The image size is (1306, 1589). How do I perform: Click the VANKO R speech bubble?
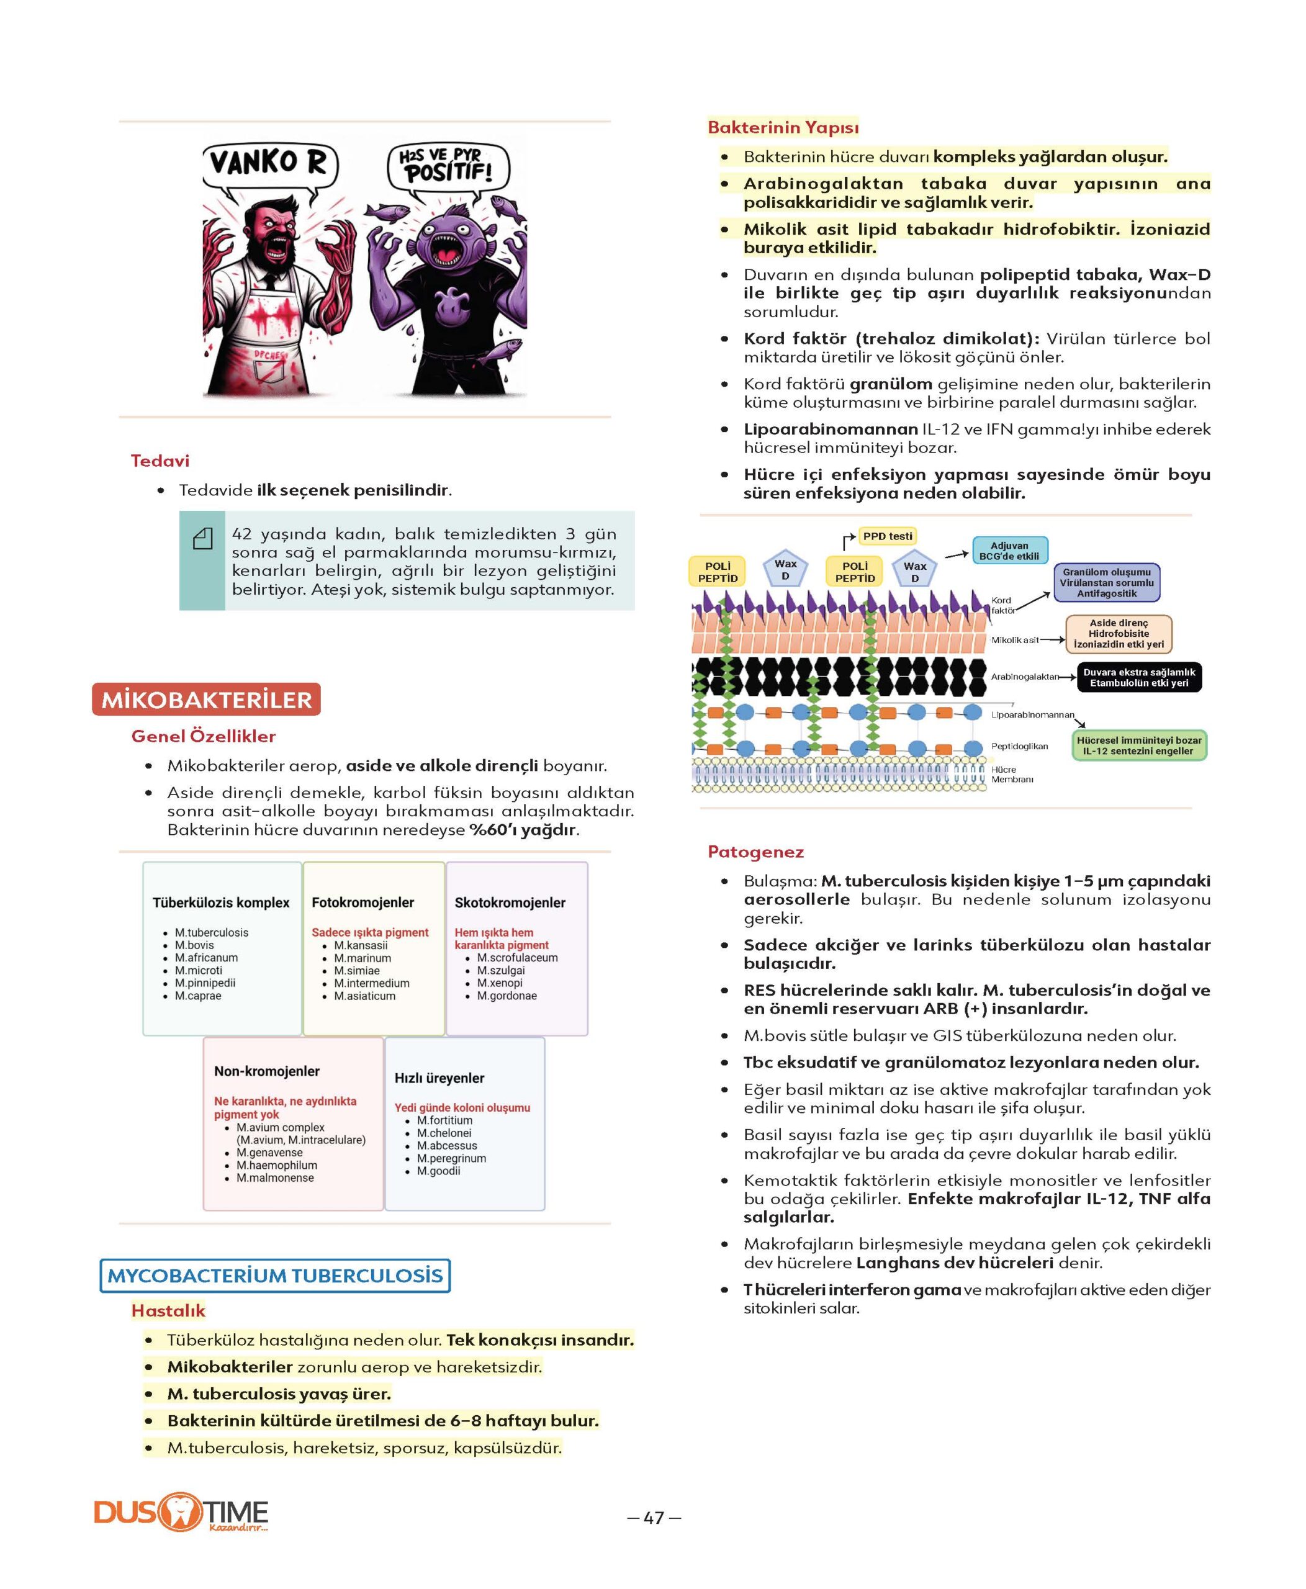(269, 163)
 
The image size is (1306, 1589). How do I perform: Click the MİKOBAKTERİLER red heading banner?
(206, 700)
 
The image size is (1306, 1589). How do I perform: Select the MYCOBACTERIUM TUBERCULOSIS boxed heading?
(276, 1276)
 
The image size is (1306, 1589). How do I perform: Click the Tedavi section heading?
(160, 461)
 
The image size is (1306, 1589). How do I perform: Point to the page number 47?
(654, 1518)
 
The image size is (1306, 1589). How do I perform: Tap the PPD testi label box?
(888, 536)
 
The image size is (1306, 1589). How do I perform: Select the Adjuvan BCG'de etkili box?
(1009, 551)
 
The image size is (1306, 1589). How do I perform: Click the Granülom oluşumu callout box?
(1107, 582)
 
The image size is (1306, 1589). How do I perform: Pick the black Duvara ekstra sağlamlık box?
(1139, 677)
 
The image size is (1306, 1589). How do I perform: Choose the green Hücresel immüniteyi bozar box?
(1138, 745)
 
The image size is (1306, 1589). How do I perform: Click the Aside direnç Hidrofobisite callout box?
(1119, 634)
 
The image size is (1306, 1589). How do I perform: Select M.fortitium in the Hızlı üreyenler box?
(444, 1120)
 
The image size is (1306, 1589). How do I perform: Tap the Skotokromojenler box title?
(510, 902)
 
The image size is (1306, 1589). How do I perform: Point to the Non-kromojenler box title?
(266, 1071)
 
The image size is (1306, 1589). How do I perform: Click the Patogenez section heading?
(755, 852)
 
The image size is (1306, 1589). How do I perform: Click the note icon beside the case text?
(202, 538)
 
